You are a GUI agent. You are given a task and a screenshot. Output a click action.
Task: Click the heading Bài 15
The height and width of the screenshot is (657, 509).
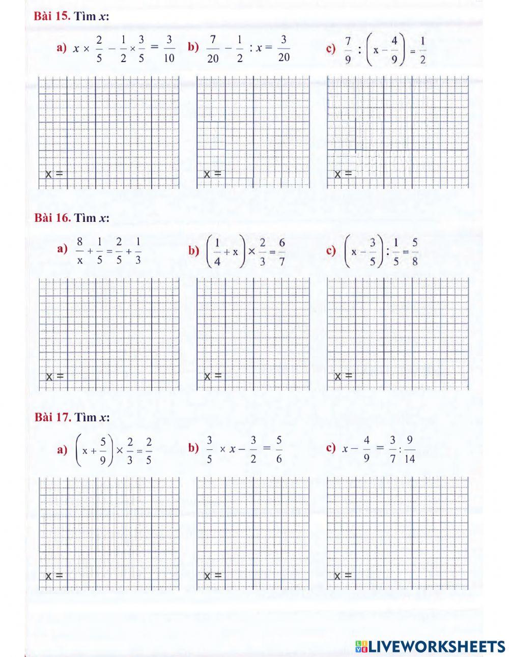click(x=52, y=16)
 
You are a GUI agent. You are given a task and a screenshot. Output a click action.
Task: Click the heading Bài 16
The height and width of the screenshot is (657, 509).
click(x=52, y=218)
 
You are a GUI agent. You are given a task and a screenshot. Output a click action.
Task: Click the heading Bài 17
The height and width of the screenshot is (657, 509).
click(x=52, y=417)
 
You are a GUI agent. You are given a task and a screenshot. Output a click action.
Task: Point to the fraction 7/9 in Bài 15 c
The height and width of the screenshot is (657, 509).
click(x=348, y=49)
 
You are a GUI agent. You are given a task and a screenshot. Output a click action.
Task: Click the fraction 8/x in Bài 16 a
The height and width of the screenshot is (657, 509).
click(x=80, y=250)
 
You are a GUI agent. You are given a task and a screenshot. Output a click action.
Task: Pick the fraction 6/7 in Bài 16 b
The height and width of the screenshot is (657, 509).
click(x=281, y=250)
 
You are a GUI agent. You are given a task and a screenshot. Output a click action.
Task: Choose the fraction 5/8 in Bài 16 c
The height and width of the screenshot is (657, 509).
click(x=415, y=250)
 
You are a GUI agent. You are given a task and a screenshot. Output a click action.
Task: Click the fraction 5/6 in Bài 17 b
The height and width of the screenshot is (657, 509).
click(x=279, y=449)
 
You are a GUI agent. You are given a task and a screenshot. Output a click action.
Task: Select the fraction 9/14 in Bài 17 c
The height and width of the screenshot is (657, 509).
click(x=409, y=449)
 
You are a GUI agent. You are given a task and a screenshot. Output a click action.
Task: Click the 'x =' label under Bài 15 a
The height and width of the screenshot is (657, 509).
click(x=54, y=174)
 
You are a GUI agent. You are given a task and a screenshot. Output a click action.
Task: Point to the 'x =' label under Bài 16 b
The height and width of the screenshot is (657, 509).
click(x=213, y=376)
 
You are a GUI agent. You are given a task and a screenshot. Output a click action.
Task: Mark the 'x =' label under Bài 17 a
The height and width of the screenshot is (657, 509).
click(x=54, y=576)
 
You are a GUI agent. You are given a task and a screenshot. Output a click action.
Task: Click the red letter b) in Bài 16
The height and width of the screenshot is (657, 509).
click(x=193, y=250)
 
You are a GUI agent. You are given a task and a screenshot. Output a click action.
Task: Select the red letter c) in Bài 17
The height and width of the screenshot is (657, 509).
click(x=331, y=448)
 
